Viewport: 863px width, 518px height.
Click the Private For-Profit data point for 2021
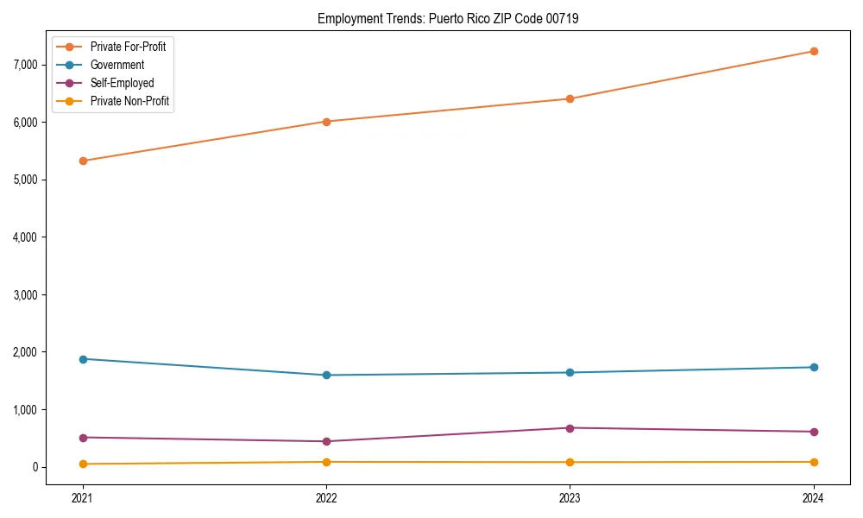pyautogui.click(x=83, y=161)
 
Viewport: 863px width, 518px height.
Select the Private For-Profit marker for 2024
pyautogui.click(x=814, y=51)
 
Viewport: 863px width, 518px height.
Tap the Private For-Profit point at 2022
pyautogui.click(x=326, y=122)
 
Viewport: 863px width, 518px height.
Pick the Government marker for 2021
pyautogui.click(x=83, y=359)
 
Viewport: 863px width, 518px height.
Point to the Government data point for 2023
pyautogui.click(x=570, y=373)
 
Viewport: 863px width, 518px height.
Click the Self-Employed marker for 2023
pyautogui.click(x=570, y=428)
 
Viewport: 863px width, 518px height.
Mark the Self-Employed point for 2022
pyautogui.click(x=326, y=441)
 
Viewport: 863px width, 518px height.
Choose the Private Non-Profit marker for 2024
pyautogui.click(x=814, y=462)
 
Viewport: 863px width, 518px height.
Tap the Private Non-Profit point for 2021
pyautogui.click(x=83, y=464)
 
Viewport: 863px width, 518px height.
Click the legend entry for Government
pyautogui.click(x=117, y=65)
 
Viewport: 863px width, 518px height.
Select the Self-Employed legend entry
pyautogui.click(x=122, y=83)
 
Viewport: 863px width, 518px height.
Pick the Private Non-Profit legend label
pyautogui.click(x=129, y=101)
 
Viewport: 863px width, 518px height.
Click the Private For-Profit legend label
pyautogui.click(x=128, y=47)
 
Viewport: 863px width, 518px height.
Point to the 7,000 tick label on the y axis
pyautogui.click(x=27, y=65)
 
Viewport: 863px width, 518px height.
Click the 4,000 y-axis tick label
pyautogui.click(x=27, y=237)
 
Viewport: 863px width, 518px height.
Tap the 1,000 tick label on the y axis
pyautogui.click(x=27, y=410)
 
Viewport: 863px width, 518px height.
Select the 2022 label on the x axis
pyautogui.click(x=326, y=497)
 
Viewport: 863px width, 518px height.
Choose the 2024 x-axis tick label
pyautogui.click(x=814, y=497)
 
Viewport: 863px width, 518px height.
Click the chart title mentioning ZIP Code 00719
pyautogui.click(x=448, y=18)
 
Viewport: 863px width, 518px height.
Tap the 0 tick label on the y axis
pyautogui.click(x=35, y=467)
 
